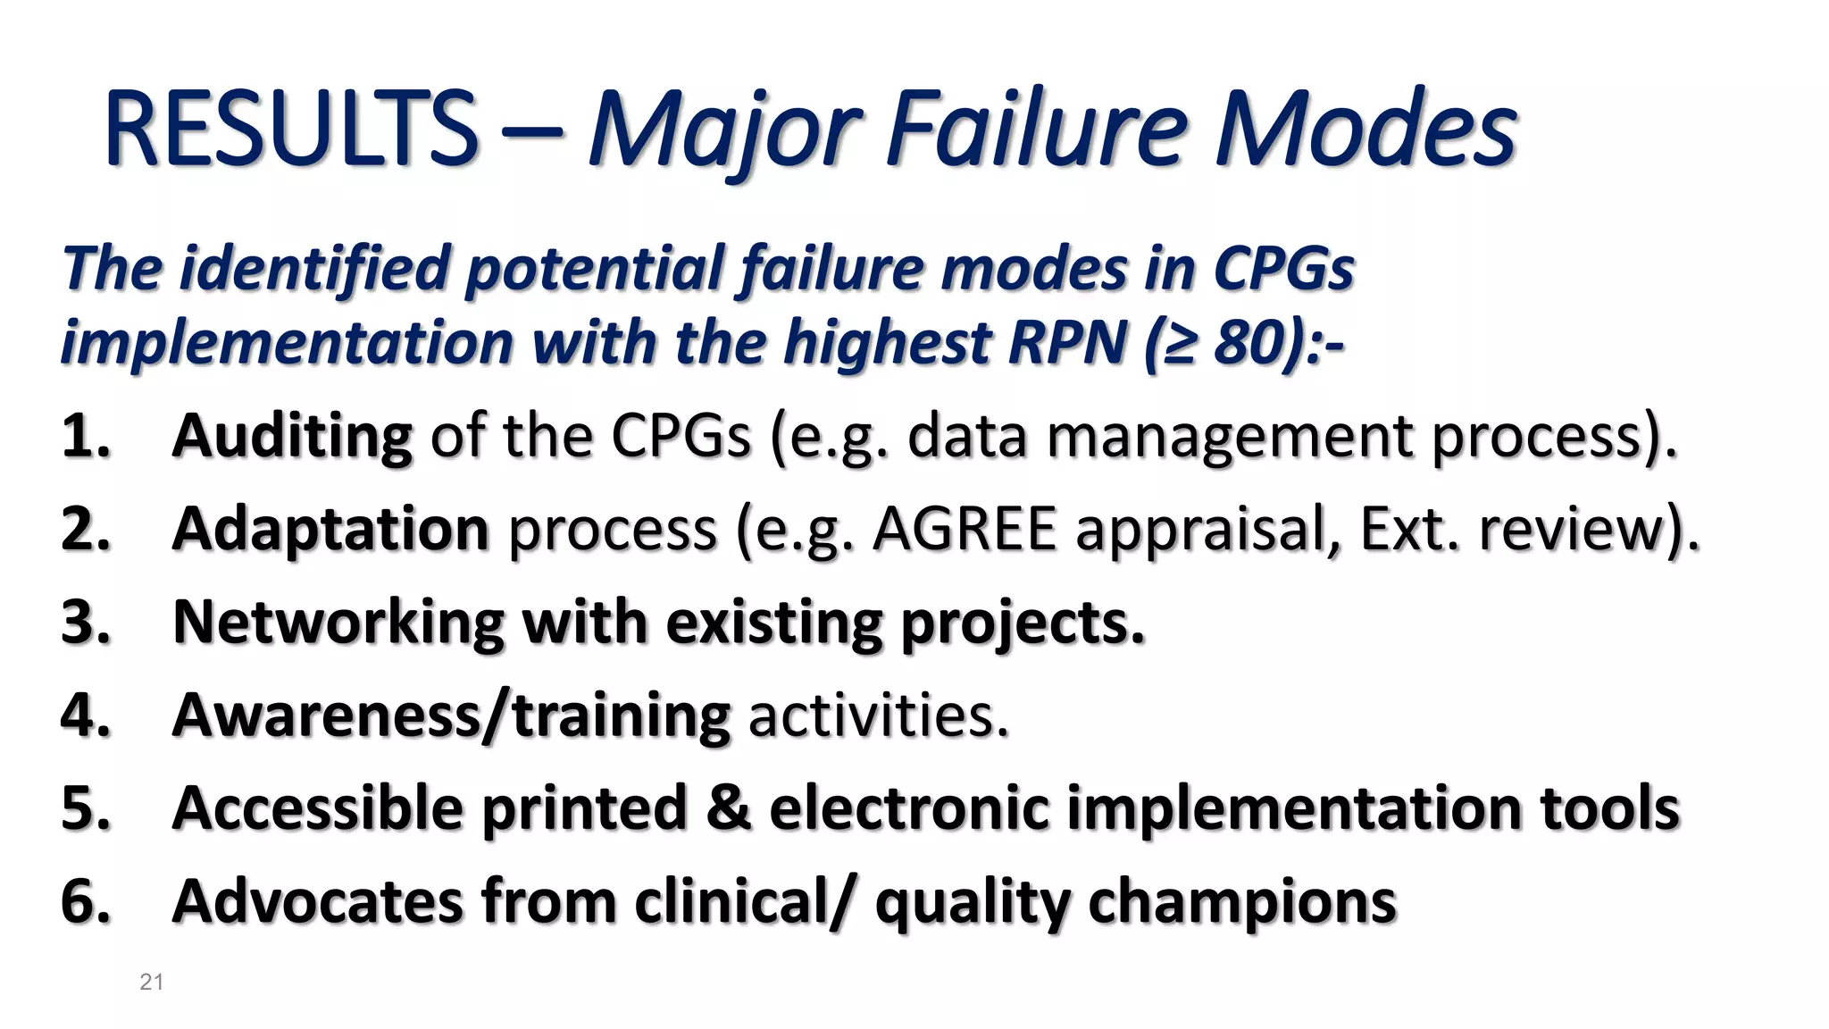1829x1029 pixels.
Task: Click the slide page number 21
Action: tap(152, 983)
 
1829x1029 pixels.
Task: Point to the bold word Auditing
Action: tap(292, 437)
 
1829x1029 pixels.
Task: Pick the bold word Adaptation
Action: tap(330, 529)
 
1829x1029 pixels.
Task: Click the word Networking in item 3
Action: tap(338, 622)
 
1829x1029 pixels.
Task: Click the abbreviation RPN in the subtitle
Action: tap(1066, 343)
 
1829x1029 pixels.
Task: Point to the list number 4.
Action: tap(84, 715)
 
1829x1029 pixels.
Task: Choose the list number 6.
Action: tap(84, 901)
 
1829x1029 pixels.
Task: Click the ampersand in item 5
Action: tap(729, 807)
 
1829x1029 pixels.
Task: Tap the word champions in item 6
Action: tap(1241, 901)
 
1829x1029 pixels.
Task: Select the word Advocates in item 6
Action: tap(318, 901)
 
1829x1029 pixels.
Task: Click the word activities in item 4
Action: tap(878, 715)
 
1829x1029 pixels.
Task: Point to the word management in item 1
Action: tap(1229, 437)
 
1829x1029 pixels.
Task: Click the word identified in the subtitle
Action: tap(313, 268)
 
